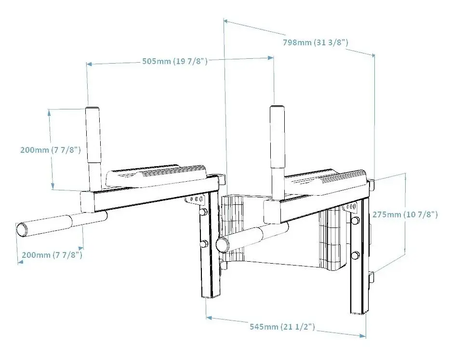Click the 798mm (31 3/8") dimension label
pyautogui.click(x=316, y=42)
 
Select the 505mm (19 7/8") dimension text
pyautogui.click(x=175, y=61)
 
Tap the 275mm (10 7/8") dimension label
pyautogui.click(x=405, y=214)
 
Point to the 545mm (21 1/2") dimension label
pyautogui.click(x=282, y=327)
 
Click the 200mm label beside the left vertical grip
pyautogui.click(x=51, y=149)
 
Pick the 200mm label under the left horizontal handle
pyautogui.click(x=52, y=255)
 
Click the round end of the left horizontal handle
pyautogui.click(x=22, y=230)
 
